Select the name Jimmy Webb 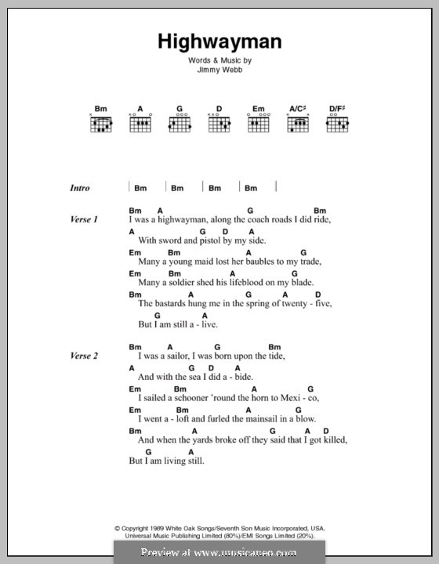point(219,69)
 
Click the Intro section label point(80,188)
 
